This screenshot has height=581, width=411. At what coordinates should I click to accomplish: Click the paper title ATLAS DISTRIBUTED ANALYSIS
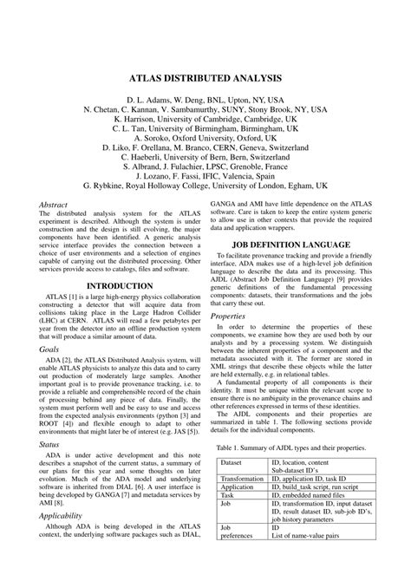click(205, 76)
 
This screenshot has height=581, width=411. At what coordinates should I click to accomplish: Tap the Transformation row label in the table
click(242, 479)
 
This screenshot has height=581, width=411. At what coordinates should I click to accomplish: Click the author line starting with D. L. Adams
click(205, 100)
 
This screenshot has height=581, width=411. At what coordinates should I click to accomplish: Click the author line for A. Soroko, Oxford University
click(205, 136)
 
